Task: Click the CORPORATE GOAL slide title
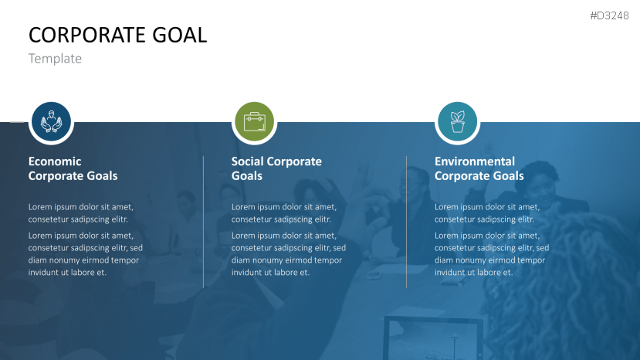pyautogui.click(x=117, y=35)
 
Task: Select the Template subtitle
pyautogui.click(x=55, y=59)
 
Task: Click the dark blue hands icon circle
pyautogui.click(x=51, y=122)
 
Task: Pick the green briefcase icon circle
pyautogui.click(x=254, y=122)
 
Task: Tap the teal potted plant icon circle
pyautogui.click(x=457, y=122)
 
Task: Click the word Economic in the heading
pyautogui.click(x=55, y=161)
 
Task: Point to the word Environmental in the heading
pyautogui.click(x=474, y=161)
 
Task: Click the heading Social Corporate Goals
pyautogui.click(x=276, y=168)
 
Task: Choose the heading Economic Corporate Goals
pyautogui.click(x=73, y=168)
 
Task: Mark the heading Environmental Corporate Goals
pyautogui.click(x=479, y=168)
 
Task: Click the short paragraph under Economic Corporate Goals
pyautogui.click(x=81, y=213)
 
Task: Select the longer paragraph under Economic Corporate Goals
pyautogui.click(x=86, y=253)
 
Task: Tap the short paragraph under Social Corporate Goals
pyautogui.click(x=284, y=213)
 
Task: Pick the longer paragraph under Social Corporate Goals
pyautogui.click(x=289, y=253)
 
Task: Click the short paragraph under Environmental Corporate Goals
pyautogui.click(x=487, y=213)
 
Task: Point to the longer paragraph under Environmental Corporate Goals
pyautogui.click(x=492, y=253)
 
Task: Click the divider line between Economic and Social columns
pyautogui.click(x=204, y=222)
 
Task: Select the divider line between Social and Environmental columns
pyautogui.click(x=407, y=222)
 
